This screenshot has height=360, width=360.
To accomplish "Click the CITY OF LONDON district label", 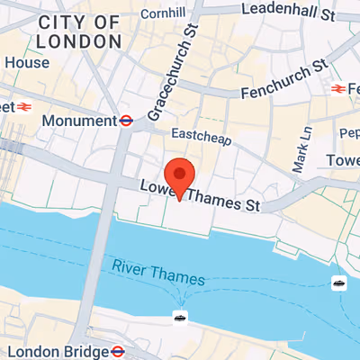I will click(x=79, y=31).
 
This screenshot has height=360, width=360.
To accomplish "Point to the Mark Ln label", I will click(x=303, y=149).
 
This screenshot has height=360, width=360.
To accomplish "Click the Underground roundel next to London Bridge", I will click(x=118, y=351).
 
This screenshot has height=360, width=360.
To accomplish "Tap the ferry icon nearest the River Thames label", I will click(x=180, y=317).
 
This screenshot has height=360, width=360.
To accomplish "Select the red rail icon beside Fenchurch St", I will click(x=339, y=89).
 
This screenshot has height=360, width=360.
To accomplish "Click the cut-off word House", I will click(x=27, y=63).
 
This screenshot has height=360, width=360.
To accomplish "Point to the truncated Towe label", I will click(x=343, y=160).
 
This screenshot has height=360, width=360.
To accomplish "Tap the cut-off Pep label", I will click(x=349, y=133).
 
